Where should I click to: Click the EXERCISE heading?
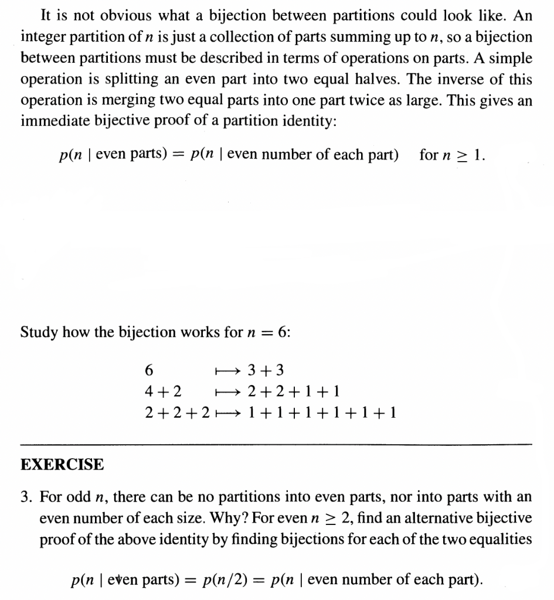pyautogui.click(x=62, y=465)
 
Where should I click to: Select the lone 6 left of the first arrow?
pyautogui.click(x=148, y=371)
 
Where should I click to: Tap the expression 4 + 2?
pyautogui.click(x=162, y=391)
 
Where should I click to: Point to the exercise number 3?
pyautogui.click(x=25, y=497)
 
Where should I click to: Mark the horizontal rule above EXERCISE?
pyautogui.click(x=277, y=444)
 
